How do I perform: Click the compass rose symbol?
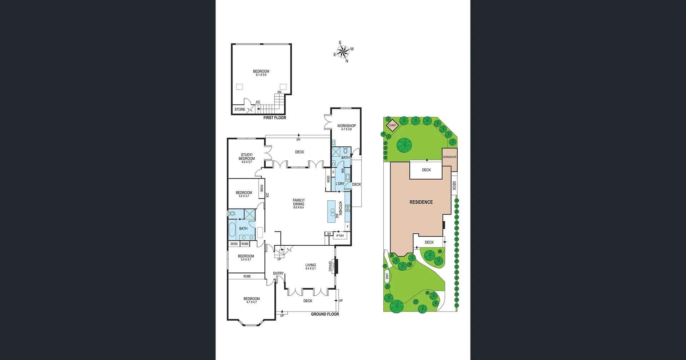343,52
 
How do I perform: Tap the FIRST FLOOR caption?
274,117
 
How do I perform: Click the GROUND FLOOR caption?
325,314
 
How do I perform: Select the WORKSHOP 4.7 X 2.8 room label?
346,127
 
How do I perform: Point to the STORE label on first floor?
240,109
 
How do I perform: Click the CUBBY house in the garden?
392,125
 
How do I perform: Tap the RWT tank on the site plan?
387,276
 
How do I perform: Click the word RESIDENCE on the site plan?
421,202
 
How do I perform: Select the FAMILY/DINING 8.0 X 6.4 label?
299,204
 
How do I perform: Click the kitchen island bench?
332,212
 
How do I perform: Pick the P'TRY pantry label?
340,236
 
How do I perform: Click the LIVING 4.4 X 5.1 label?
310,266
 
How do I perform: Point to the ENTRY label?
278,273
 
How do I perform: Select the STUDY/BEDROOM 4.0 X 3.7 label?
247,158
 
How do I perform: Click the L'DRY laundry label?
340,184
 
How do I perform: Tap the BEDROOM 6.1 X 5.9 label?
261,73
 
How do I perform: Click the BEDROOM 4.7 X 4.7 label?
252,300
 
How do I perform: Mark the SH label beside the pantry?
329,234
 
